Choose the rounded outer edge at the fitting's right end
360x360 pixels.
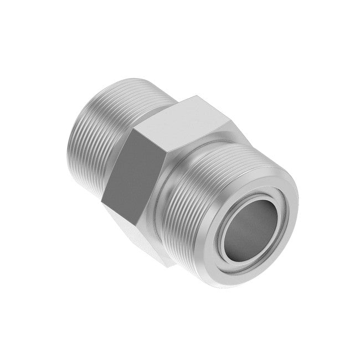coord(294,222)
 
